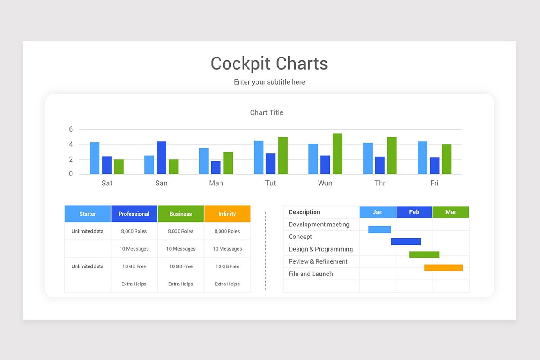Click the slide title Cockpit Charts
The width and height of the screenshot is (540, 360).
pyautogui.click(x=269, y=63)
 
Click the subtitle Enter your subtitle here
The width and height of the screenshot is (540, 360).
pyautogui.click(x=269, y=82)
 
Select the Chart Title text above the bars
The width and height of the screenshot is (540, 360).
pyautogui.click(x=266, y=112)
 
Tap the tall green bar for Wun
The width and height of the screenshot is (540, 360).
pyautogui.click(x=337, y=154)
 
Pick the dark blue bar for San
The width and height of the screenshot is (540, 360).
pyautogui.click(x=161, y=158)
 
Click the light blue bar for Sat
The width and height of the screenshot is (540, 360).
pyautogui.click(x=94, y=158)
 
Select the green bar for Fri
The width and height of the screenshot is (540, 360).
pyautogui.click(x=446, y=159)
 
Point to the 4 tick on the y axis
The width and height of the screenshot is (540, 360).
pyautogui.click(x=71, y=144)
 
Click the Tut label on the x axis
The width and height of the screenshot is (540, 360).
pyautogui.click(x=270, y=183)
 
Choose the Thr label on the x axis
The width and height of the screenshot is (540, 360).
pyautogui.click(x=380, y=183)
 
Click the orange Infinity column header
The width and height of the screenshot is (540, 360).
pyautogui.click(x=227, y=214)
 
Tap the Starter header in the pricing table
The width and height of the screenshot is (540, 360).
pyautogui.click(x=87, y=214)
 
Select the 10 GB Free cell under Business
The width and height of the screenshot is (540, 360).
pyautogui.click(x=180, y=266)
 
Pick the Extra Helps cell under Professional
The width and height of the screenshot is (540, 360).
pyautogui.click(x=134, y=284)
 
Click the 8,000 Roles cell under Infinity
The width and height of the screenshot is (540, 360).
pyautogui.click(x=227, y=231)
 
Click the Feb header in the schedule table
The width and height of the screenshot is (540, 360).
pyautogui.click(x=414, y=212)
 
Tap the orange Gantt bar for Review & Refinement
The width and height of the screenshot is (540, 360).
pyautogui.click(x=443, y=268)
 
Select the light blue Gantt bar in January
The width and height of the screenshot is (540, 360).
pyautogui.click(x=379, y=229)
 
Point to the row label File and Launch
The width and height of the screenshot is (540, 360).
pyautogui.click(x=310, y=274)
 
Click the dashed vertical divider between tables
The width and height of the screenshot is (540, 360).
pyautogui.click(x=265, y=250)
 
